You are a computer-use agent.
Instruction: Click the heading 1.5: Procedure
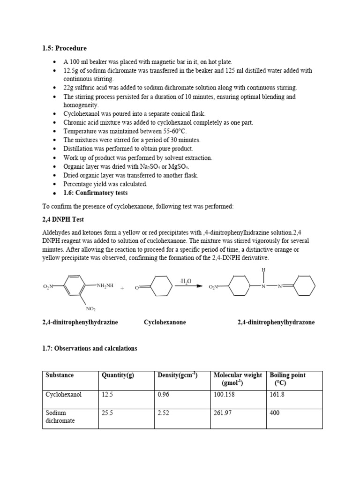[65, 48]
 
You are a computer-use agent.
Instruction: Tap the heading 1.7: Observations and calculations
[90, 348]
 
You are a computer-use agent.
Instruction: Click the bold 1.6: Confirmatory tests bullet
[95, 193]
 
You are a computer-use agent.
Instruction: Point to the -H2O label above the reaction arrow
[185, 281]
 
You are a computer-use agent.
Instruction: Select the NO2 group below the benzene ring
[91, 308]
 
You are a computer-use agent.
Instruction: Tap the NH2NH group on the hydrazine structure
[105, 285]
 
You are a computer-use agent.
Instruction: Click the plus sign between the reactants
[122, 288]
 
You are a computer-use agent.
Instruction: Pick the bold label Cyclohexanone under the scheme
[165, 322]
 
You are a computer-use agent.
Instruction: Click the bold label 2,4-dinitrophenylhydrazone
[276, 322]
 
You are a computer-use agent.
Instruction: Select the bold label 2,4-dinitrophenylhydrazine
[80, 322]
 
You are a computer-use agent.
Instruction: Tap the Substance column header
[60, 375]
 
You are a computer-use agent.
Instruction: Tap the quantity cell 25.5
[107, 413]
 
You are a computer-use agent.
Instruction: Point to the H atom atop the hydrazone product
[263, 270]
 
